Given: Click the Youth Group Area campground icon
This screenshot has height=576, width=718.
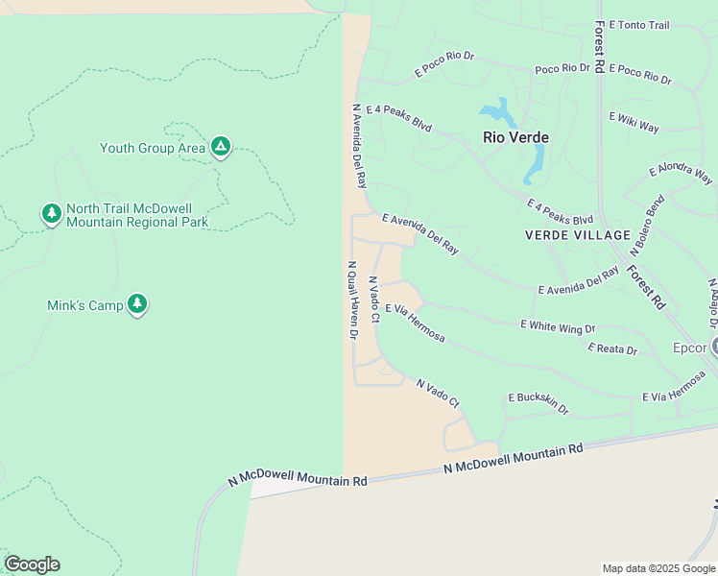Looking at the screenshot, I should click(x=221, y=147).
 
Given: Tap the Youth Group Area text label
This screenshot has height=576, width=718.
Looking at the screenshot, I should click(x=153, y=148).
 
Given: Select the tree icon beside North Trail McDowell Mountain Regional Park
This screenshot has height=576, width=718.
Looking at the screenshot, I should click(x=52, y=213).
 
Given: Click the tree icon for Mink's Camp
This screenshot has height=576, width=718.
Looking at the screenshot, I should click(x=137, y=304).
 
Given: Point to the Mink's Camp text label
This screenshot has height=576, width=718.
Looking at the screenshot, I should click(x=84, y=305).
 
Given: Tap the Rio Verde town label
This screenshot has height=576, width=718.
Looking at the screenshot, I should click(x=515, y=137).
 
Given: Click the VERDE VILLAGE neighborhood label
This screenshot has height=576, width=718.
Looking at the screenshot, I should click(x=578, y=235).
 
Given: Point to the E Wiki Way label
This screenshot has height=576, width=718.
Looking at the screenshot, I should click(x=634, y=122).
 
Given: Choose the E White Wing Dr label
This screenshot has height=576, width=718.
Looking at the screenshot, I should click(x=558, y=327).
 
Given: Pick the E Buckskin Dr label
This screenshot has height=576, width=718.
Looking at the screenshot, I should click(x=538, y=403).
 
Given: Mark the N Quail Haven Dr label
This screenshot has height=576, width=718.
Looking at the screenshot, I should click(x=352, y=300).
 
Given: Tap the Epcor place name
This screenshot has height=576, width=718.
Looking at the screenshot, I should click(x=689, y=348).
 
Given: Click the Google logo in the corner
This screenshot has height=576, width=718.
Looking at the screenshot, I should click(x=32, y=564).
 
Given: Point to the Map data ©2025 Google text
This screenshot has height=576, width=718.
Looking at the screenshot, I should click(x=658, y=568).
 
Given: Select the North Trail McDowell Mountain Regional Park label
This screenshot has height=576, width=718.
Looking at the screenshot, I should click(x=137, y=215).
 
